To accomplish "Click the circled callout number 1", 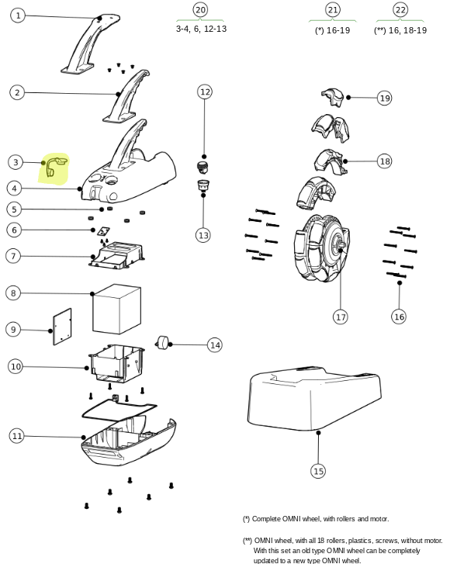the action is tap(18, 16).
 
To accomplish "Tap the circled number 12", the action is tap(205, 92).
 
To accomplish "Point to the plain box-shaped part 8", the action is tap(116, 309).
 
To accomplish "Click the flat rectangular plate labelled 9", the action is tap(62, 327).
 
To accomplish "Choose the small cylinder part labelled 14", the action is tap(163, 342).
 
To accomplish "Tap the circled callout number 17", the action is tap(341, 317).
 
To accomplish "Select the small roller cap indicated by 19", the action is tap(333, 97).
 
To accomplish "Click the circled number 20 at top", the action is tap(200, 10).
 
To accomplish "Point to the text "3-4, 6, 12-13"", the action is tap(201, 29).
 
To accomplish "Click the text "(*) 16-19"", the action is tap(332, 30).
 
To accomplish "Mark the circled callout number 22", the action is tap(400, 10).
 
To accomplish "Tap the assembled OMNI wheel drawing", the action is tap(321, 248).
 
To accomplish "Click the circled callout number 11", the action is tap(16, 436).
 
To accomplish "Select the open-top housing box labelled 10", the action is tap(117, 364).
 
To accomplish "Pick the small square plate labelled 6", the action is tap(104, 231).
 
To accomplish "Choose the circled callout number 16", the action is tap(399, 317).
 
